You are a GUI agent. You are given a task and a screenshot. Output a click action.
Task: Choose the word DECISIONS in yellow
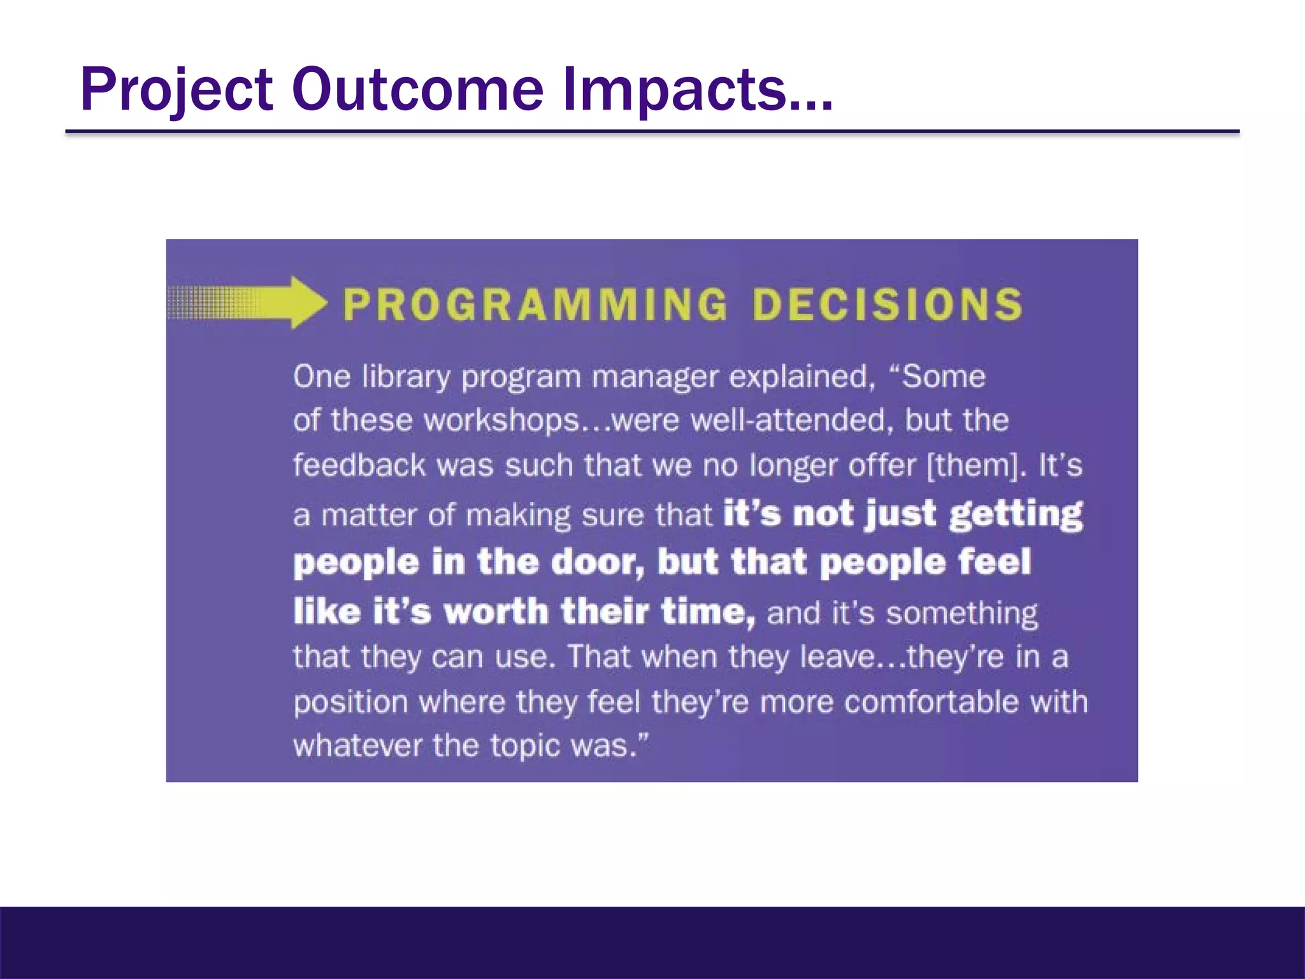pos(887,304)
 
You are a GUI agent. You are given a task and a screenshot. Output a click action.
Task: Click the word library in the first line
pos(406,377)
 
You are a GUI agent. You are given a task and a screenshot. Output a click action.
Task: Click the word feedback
pos(359,465)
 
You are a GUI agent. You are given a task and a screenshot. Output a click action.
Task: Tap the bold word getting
pos(1015,514)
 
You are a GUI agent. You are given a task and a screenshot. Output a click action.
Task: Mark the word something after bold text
pos(962,613)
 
